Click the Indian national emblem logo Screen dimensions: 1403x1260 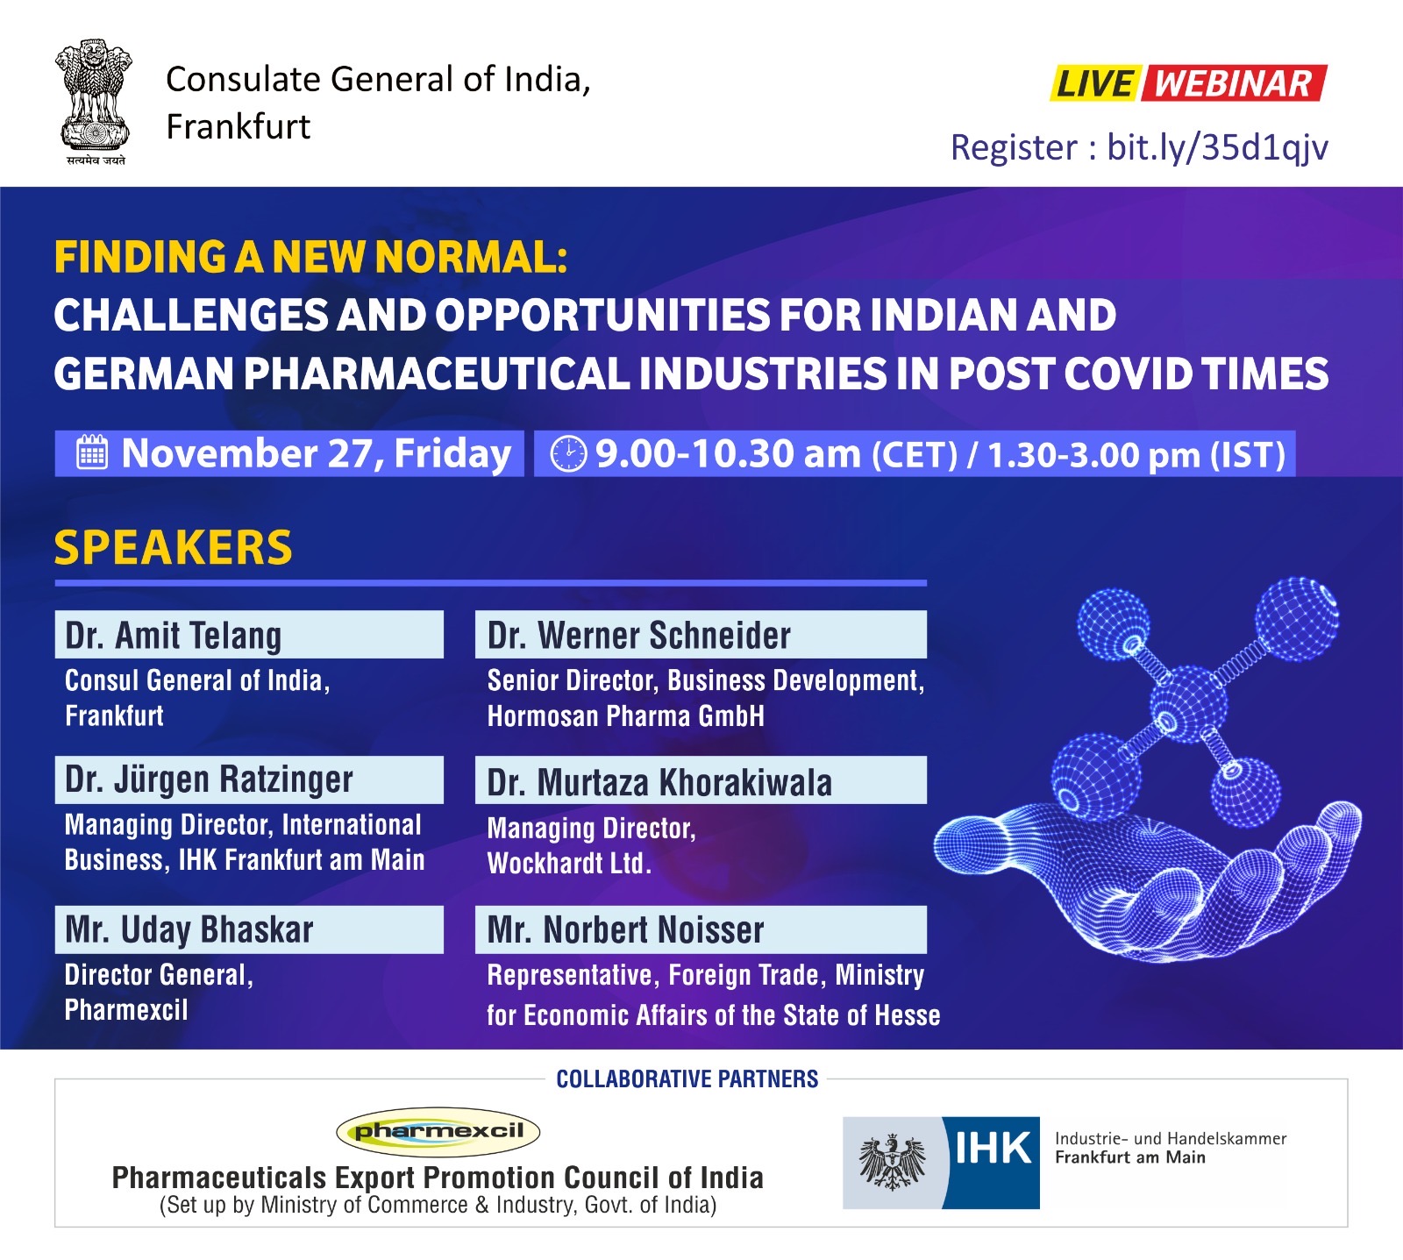[95, 102]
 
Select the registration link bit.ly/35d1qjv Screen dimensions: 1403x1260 [1217, 147]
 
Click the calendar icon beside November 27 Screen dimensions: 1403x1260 [92, 452]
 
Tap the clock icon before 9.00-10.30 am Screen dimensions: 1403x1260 [568, 453]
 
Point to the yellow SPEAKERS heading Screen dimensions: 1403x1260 [173, 547]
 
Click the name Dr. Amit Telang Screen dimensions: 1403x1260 [173, 635]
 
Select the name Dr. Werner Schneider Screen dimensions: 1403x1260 [638, 635]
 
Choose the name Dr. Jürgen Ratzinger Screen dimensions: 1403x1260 [209, 779]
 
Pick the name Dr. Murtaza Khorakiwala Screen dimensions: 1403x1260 [659, 782]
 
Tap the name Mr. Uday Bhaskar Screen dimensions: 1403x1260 [189, 929]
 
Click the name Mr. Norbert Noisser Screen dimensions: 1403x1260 [625, 929]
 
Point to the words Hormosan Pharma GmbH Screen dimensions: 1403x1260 [625, 716]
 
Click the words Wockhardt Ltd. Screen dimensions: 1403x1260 [569, 864]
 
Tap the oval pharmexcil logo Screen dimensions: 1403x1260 [438, 1131]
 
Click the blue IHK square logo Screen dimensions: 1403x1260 [991, 1163]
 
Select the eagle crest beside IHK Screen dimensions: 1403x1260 [893, 1163]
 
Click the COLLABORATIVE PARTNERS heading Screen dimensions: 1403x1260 [687, 1078]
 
